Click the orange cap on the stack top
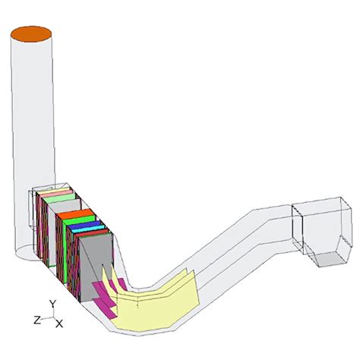30,33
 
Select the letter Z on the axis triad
35,320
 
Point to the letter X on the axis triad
59,324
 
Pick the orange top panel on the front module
74,214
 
